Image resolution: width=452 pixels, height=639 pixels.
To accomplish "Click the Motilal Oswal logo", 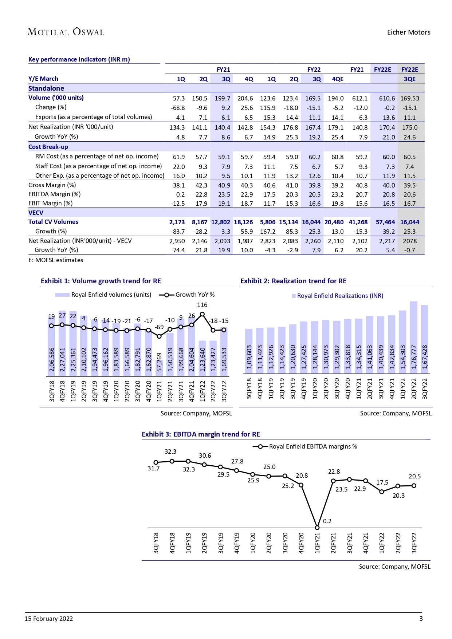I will pos(66,32).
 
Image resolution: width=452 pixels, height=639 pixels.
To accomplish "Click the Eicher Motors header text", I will pos(408,32).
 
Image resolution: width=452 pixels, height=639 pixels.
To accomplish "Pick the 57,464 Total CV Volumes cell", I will pos(385,222).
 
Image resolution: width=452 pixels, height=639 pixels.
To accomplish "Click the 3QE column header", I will pos(409,79).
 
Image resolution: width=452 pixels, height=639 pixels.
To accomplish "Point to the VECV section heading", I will pos(36,213).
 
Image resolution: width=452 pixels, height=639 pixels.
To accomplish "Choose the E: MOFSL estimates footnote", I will pos(56,260).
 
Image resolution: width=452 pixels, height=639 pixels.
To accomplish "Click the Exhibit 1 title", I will pos(101,281).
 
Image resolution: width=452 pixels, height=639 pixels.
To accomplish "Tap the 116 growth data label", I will pos(202,305).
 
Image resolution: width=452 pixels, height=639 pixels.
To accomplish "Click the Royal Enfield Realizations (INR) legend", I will pos(337,296).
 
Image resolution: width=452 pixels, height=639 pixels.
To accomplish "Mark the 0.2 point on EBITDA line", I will pos(317,527).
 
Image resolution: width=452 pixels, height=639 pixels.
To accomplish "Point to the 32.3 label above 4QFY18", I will pos(170,451).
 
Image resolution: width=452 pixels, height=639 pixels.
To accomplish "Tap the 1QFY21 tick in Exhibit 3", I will pos(317,543).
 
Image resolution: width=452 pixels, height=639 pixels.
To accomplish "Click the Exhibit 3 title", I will pos(201,434).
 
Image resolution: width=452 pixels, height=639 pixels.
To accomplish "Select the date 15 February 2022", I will pos(49,619).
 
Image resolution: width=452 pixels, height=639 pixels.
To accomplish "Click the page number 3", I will pos(421,619).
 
